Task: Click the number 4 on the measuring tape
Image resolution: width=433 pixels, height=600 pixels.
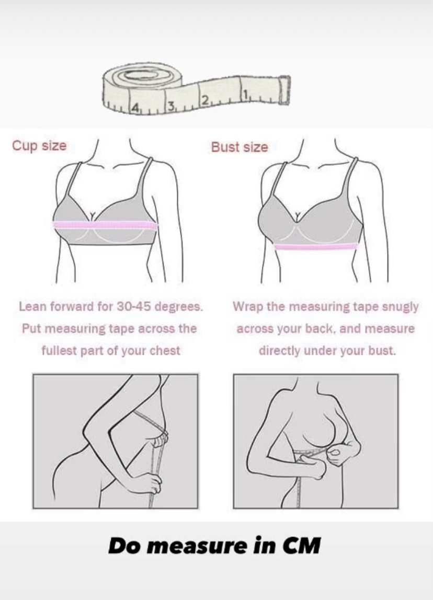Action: point(135,107)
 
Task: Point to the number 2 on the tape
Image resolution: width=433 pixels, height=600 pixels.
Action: point(205,101)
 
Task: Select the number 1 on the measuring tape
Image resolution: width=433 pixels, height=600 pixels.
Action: point(245,95)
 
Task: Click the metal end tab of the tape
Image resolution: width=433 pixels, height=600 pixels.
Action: point(284,90)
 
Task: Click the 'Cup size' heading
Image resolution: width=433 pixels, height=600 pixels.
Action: point(39,146)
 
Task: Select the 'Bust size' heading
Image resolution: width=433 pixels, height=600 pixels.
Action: point(240,147)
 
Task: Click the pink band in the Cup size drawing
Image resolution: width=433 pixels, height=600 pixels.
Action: point(105,225)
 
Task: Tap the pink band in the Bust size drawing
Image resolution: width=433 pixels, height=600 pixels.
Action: point(316,247)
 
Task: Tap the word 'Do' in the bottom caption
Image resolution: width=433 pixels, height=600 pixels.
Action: point(121,546)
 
